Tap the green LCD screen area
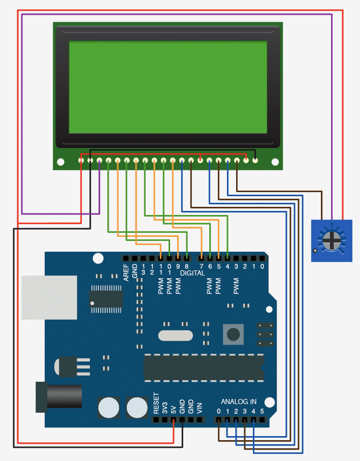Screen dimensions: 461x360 point(168,86)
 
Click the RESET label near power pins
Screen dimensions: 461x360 point(156,404)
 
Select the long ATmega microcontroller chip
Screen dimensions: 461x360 point(203,368)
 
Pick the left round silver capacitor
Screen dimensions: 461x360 point(109,407)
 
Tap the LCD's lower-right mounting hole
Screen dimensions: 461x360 point(275,162)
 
